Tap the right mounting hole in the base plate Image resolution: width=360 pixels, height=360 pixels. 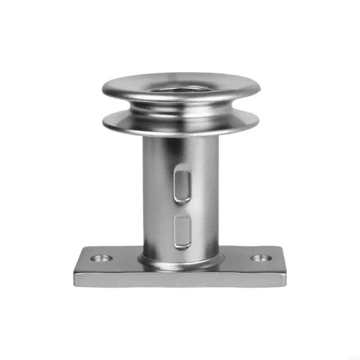261,258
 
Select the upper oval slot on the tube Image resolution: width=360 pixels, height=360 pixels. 182,184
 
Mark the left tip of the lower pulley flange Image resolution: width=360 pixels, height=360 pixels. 103,121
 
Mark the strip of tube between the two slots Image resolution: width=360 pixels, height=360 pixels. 182,208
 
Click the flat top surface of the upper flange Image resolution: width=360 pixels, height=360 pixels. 130,83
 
